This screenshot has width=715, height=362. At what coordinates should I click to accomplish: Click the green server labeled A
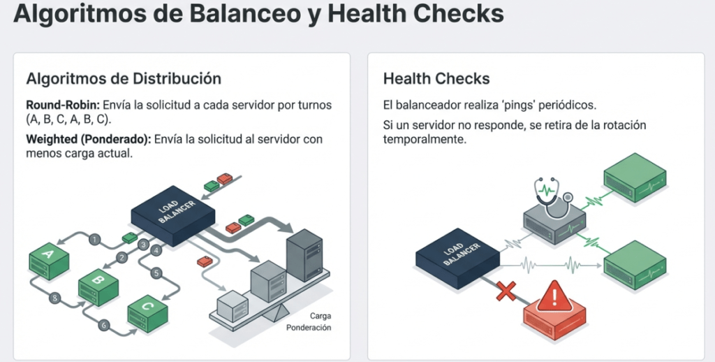coord(48,258)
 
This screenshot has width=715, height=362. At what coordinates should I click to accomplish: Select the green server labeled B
coord(98,284)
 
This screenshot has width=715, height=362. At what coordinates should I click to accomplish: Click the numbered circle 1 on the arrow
coord(94,239)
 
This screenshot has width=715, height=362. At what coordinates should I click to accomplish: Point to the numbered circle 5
coord(156,273)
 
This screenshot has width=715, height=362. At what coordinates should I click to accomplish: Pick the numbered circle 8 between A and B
coord(57,298)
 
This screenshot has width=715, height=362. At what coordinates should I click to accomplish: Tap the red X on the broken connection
coord(506,291)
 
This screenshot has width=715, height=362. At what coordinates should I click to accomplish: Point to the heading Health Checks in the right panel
coord(436,78)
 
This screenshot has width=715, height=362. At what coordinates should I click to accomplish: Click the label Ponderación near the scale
coord(308,328)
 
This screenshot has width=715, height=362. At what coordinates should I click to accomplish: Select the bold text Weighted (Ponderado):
coord(88,139)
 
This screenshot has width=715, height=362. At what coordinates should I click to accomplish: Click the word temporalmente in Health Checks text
coord(424,139)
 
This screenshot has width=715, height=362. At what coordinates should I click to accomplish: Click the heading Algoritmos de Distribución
coord(124,78)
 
